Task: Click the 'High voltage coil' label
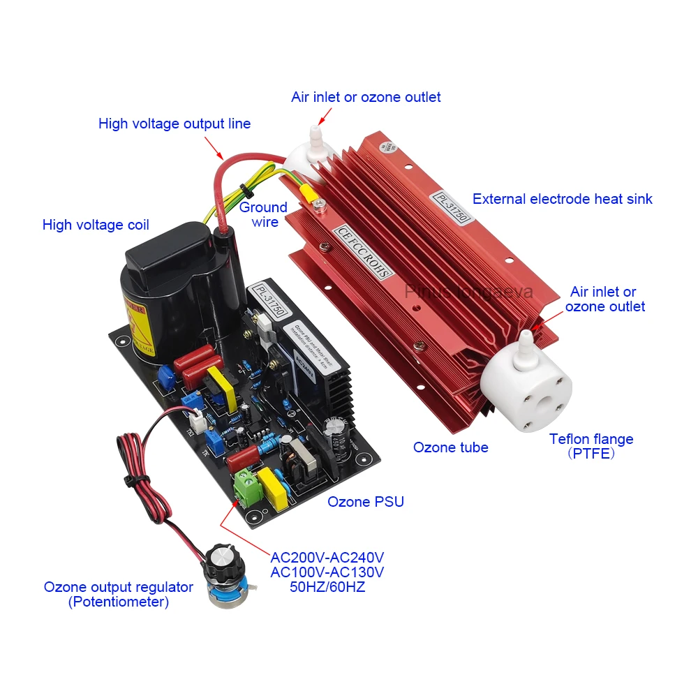pyautogui.click(x=96, y=225)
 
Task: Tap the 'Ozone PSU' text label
pyautogui.click(x=366, y=501)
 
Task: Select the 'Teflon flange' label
pyautogui.click(x=591, y=439)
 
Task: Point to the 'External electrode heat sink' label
pyautogui.click(x=562, y=199)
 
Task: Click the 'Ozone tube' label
pyautogui.click(x=450, y=447)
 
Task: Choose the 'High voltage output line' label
pyautogui.click(x=174, y=124)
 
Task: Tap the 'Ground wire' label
pyautogui.click(x=264, y=214)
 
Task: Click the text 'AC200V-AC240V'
pyautogui.click(x=327, y=558)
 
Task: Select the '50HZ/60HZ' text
pyautogui.click(x=327, y=587)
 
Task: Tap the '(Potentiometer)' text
pyautogui.click(x=119, y=602)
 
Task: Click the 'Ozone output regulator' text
pyautogui.click(x=119, y=587)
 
